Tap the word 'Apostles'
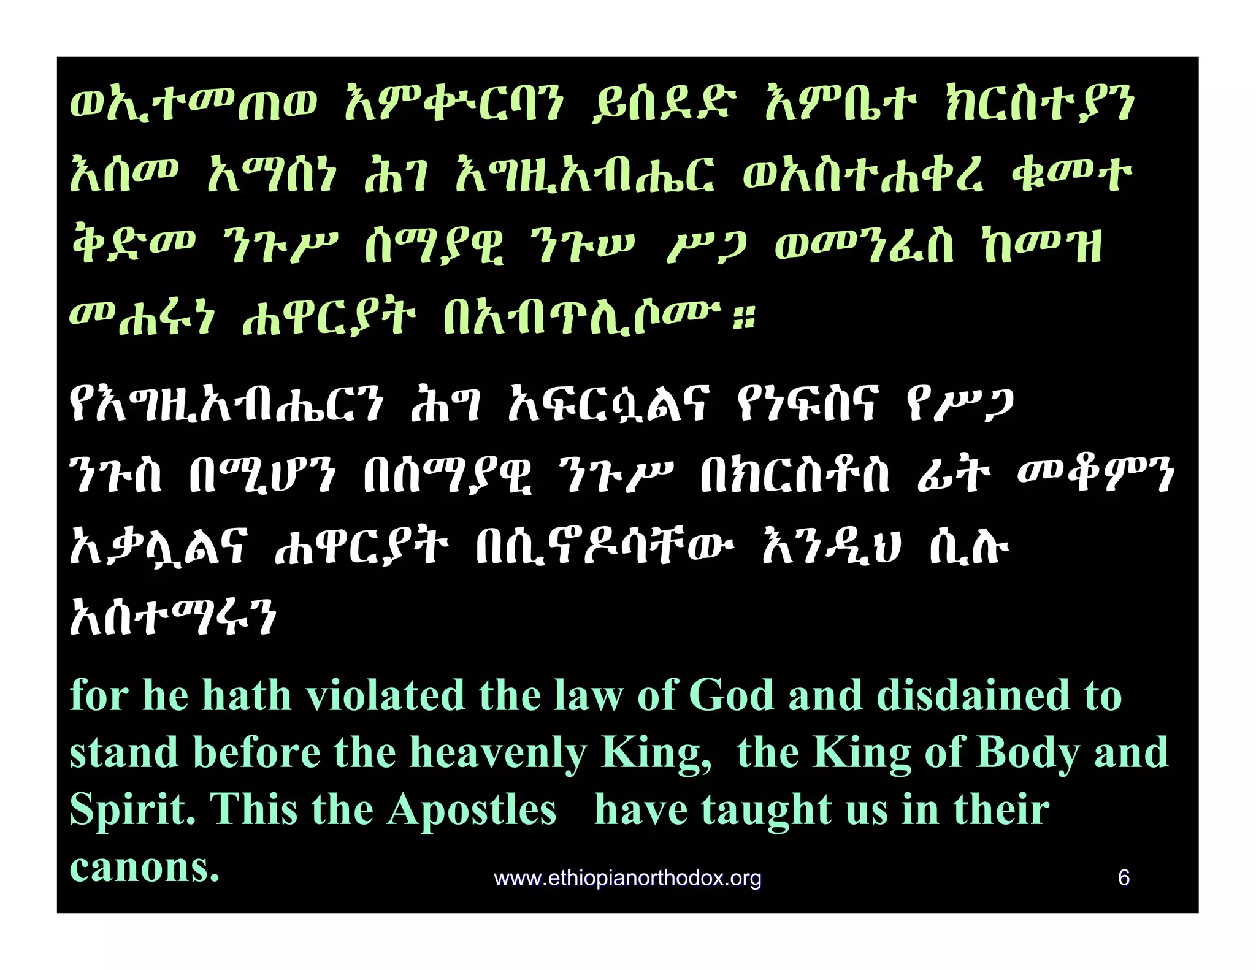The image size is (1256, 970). click(472, 810)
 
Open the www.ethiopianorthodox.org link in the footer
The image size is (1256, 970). click(627, 878)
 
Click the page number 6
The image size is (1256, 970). click(1124, 877)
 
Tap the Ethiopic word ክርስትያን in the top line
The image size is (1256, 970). click(1038, 104)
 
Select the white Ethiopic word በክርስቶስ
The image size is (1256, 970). click(794, 474)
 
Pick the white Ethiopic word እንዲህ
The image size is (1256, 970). click(831, 545)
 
